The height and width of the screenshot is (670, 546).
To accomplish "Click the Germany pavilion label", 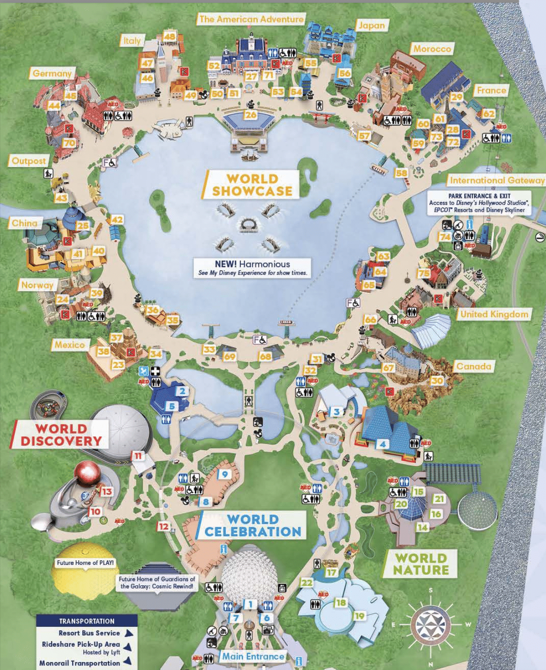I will (52, 74).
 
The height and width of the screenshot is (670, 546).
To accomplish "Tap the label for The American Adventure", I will (251, 19).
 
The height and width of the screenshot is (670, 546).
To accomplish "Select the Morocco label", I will (432, 49).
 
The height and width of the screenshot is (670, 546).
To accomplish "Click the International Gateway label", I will (497, 180).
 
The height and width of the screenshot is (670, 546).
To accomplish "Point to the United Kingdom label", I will (494, 315).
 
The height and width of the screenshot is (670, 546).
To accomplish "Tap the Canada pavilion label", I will (473, 367).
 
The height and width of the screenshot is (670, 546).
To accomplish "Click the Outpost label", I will (29, 161).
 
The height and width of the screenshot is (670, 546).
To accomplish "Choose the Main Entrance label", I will (253, 657).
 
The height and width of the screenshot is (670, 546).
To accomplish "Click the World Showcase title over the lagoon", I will (252, 185).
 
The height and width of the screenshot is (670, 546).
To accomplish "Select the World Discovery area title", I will (61, 435).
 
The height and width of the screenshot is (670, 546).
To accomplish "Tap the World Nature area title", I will (421, 564).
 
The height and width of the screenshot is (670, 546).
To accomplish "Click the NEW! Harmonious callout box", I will (252, 268).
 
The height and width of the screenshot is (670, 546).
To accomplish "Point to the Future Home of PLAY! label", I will (85, 563).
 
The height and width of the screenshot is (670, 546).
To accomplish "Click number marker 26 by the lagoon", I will (251, 114).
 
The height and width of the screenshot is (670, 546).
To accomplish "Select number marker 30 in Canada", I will (437, 381).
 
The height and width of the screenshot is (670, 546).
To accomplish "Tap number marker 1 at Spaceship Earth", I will (251, 604).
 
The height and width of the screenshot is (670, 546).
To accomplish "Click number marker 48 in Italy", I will (170, 36).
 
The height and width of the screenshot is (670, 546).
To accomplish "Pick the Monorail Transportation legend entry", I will (80, 663).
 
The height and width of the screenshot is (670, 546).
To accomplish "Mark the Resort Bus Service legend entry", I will (89, 633).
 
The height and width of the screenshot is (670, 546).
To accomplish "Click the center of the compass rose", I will (431, 625).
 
